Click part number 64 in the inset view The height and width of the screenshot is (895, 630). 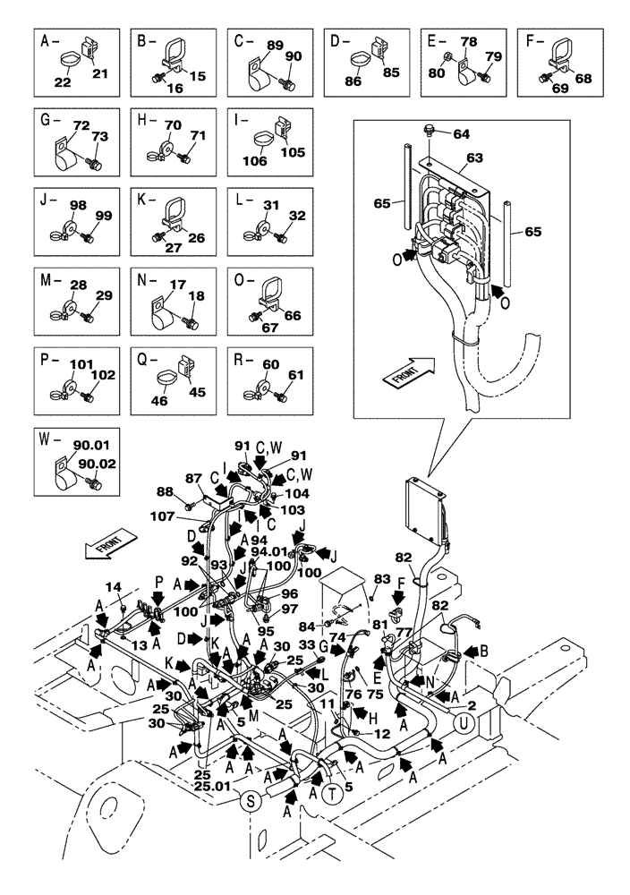pos(460,136)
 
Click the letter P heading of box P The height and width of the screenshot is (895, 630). pos(44,362)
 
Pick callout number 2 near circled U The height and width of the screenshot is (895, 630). pos(485,706)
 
